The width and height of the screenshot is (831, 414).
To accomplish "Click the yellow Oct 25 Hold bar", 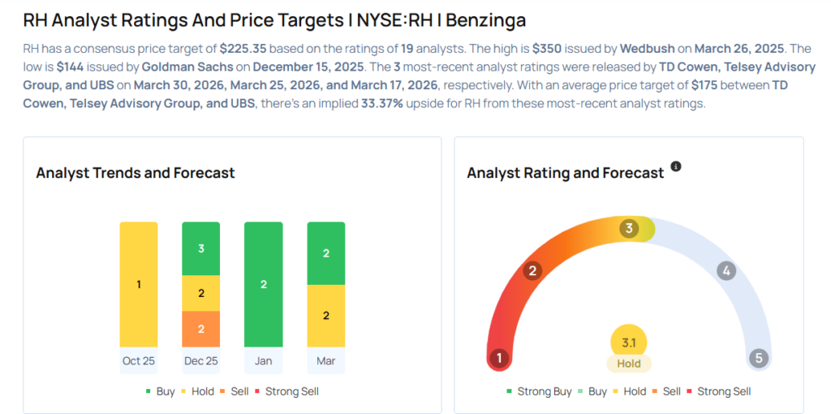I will point(139,284).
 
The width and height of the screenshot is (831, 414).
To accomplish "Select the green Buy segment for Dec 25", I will point(201,248).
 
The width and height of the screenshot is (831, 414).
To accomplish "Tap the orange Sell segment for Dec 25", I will point(201,329).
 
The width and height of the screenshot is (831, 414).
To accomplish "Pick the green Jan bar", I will point(264,284).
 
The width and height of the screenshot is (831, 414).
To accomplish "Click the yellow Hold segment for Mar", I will point(326,316).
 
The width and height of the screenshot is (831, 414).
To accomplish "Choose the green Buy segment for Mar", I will point(326,253).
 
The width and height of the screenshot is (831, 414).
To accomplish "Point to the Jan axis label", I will point(264,360).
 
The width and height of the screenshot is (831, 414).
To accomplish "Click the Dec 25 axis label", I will point(201,360).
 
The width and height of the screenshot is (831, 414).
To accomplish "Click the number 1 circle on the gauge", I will point(500,358).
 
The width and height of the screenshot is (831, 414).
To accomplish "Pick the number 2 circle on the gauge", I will point(532,270).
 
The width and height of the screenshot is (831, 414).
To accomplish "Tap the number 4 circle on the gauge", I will point(726,270).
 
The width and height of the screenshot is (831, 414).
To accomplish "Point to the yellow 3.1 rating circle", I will point(629,343).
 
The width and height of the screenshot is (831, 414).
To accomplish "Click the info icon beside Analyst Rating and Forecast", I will point(676,166).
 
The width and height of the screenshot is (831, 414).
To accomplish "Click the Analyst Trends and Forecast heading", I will point(136,173).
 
